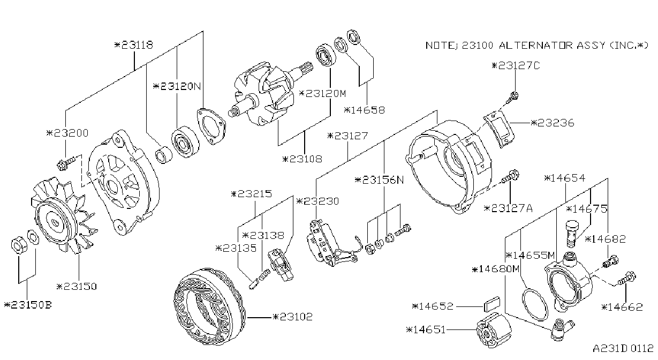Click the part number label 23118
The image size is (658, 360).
click(134, 45)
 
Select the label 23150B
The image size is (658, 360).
click(28, 305)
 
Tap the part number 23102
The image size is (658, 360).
click(292, 317)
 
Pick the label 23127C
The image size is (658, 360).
click(516, 65)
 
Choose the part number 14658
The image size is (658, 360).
click(364, 110)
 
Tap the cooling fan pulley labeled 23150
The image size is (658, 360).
click(63, 216)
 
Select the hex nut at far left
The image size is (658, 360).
click(19, 244)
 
